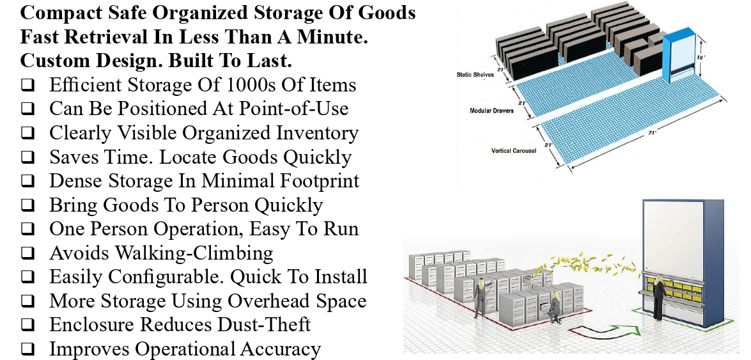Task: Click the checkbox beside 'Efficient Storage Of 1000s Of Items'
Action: [27, 85]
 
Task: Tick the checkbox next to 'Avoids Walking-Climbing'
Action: [27, 253]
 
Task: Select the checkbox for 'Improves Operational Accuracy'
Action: [27, 350]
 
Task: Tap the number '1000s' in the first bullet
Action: [241, 85]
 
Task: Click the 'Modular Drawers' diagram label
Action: [492, 111]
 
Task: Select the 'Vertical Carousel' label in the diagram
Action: [513, 151]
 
